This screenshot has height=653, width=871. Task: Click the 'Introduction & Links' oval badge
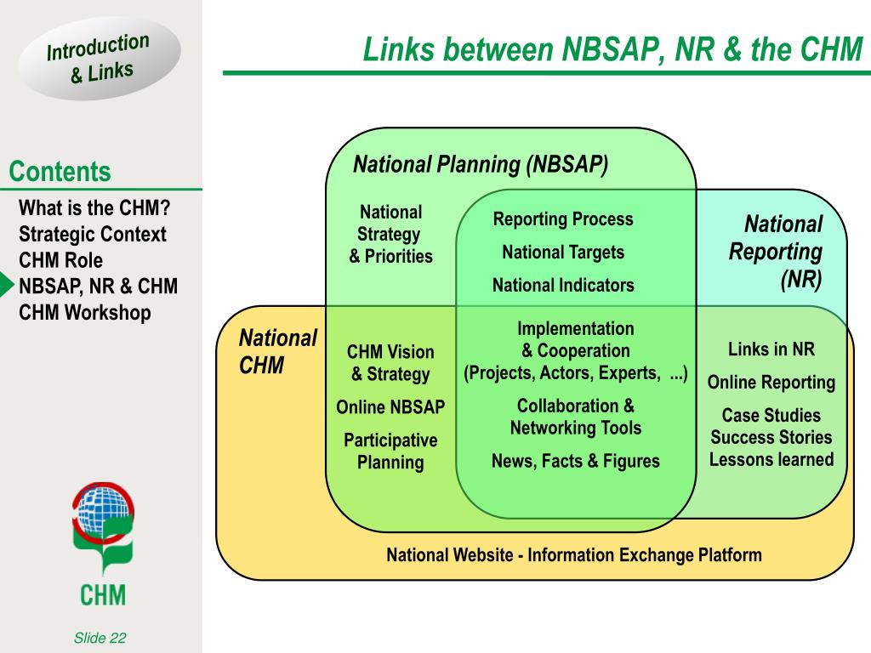pyautogui.click(x=100, y=59)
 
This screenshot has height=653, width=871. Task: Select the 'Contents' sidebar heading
pyautogui.click(x=60, y=171)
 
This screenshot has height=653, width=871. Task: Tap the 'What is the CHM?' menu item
pyautogui.click(x=94, y=207)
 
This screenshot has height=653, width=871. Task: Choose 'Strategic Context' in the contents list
pyautogui.click(x=92, y=234)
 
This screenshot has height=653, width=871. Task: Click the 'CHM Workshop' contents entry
pyautogui.click(x=84, y=312)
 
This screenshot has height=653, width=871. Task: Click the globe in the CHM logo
pyautogui.click(x=103, y=511)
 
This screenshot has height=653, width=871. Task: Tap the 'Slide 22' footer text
pyautogui.click(x=100, y=638)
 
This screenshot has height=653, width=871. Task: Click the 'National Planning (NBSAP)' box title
pyautogui.click(x=481, y=164)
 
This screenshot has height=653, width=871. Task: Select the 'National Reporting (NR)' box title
pyautogui.click(x=776, y=252)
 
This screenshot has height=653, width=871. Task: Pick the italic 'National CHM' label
pyautogui.click(x=278, y=351)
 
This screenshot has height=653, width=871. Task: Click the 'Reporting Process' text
pyautogui.click(x=563, y=219)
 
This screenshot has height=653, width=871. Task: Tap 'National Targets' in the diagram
pyautogui.click(x=563, y=252)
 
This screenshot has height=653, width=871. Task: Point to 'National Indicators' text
pyautogui.click(x=563, y=285)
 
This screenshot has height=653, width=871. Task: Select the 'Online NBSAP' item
pyautogui.click(x=390, y=407)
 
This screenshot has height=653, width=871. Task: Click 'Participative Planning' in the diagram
pyautogui.click(x=390, y=451)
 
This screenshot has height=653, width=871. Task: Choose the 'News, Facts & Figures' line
pyautogui.click(x=576, y=461)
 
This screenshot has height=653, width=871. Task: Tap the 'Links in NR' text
pyautogui.click(x=771, y=349)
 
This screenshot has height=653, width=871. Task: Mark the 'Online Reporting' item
pyautogui.click(x=771, y=382)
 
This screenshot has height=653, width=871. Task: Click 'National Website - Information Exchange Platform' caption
pyautogui.click(x=574, y=554)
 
